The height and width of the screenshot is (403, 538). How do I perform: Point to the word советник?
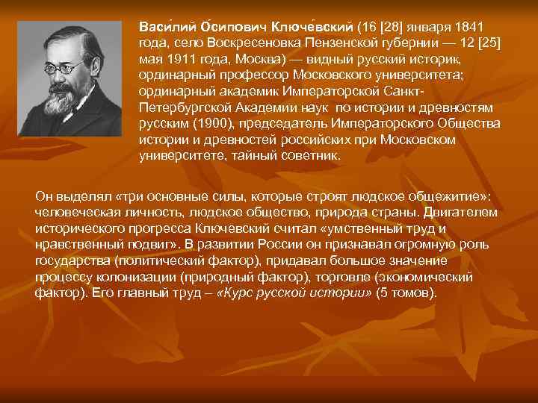click(307, 157)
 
